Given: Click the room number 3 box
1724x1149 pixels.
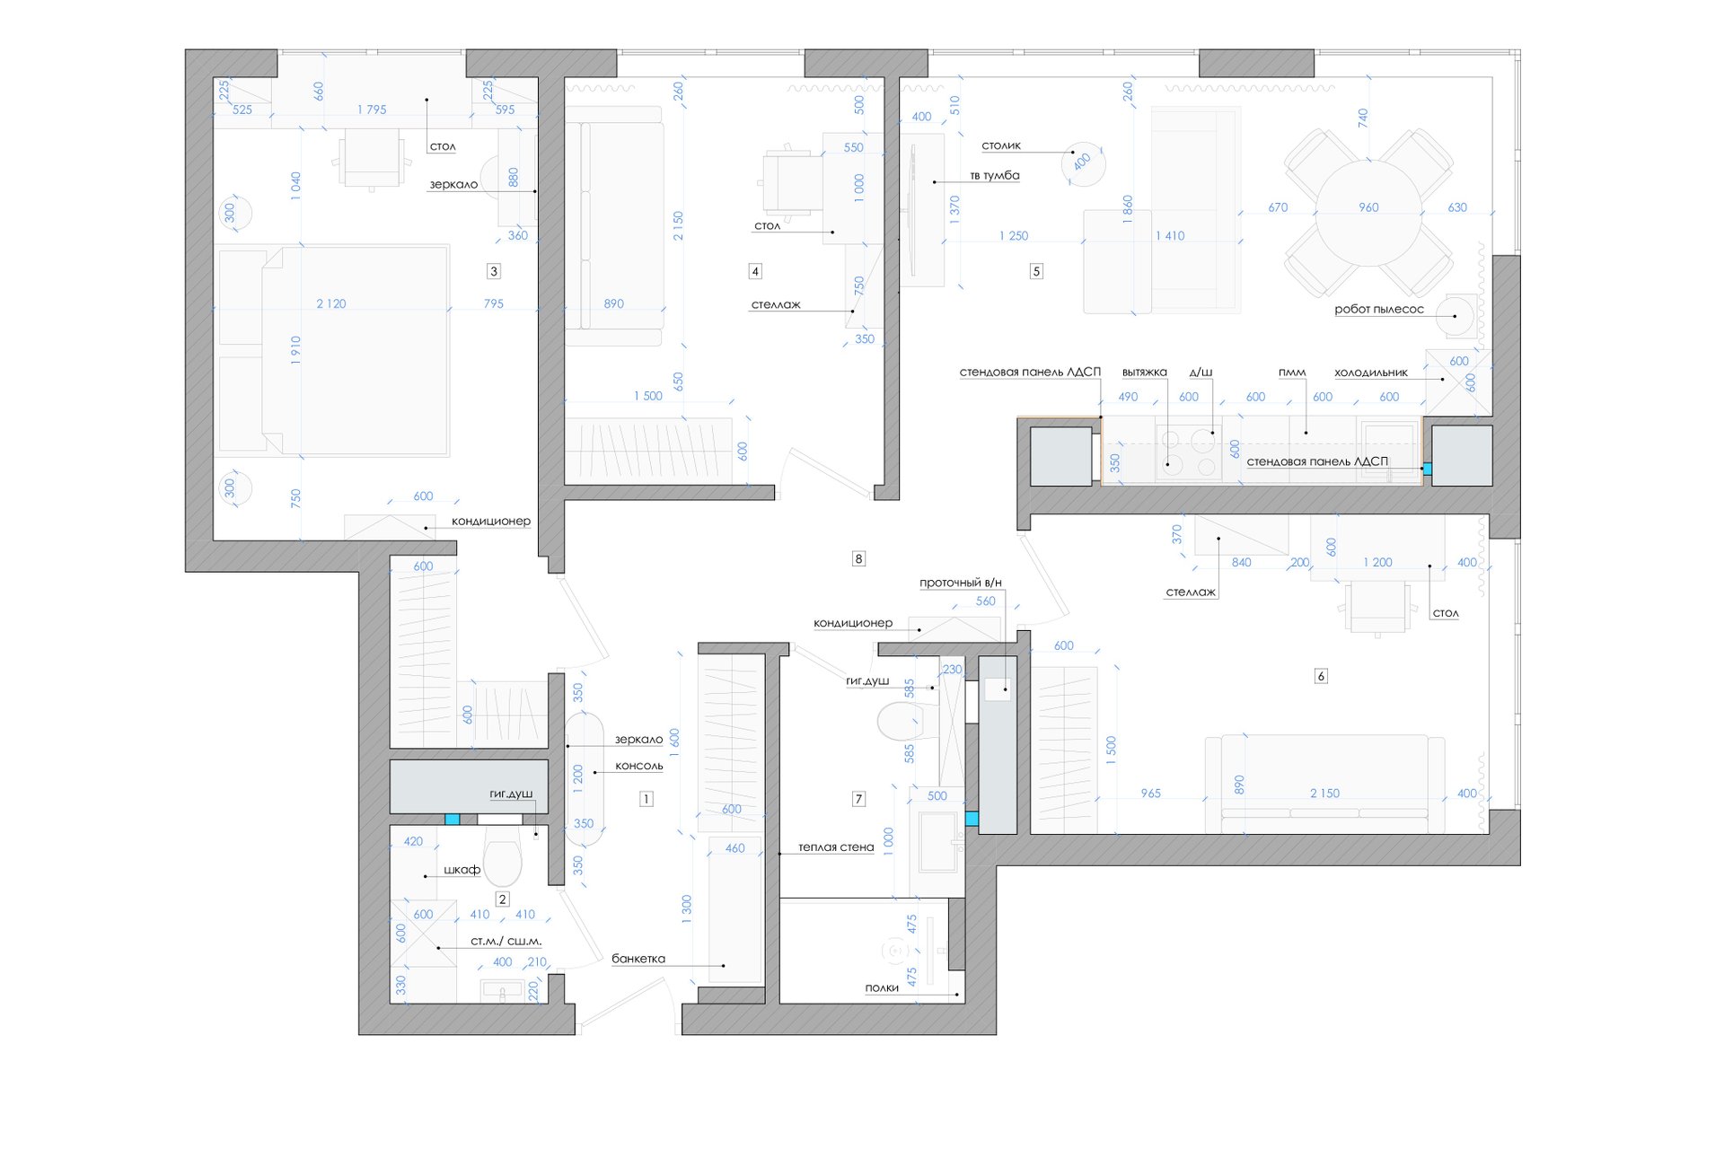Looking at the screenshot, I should pos(493,271).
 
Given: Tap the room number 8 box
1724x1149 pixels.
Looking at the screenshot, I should pos(858,559).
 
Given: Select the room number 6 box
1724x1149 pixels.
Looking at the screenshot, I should pos(1321,676).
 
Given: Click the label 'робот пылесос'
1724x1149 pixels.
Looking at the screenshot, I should pos(1378,310).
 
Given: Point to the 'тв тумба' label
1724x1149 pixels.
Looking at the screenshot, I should pos(995,176).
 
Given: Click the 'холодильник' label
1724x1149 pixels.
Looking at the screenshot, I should pos(1370,373).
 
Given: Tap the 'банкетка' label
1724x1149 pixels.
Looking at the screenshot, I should pos(638,959).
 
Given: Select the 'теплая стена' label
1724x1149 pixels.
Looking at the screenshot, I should pos(836,847).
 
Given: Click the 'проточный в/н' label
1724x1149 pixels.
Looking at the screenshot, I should pos(960,583).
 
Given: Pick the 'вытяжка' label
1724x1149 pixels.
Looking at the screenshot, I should pos(1144,373).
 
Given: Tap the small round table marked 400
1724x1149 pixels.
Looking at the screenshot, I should pos(1083,163).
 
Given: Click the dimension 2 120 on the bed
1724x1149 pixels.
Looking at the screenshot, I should pos(330,304).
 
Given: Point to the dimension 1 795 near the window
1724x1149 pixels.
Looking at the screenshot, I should pos(372,110).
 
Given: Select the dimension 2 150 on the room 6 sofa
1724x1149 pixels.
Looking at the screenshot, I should pos(1324,794).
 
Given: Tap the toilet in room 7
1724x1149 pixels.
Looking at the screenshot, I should pos(901,721).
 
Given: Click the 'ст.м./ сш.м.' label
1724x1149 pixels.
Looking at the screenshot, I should pos(506,942).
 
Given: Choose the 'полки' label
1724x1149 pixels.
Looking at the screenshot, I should pos(882,988).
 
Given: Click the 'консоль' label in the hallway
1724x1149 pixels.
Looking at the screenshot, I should pos(638,767).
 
